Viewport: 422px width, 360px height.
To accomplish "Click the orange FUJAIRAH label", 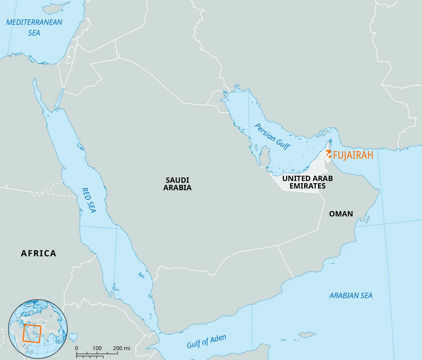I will [353, 155].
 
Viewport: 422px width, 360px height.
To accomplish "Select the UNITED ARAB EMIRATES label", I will [307, 182].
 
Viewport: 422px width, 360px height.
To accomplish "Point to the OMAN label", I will [341, 214].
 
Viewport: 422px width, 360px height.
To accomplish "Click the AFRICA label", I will [38, 253].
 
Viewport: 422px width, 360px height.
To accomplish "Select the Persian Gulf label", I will [272, 137].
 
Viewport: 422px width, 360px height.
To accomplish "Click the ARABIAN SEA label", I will [351, 296].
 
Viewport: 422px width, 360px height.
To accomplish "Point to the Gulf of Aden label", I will [206, 341].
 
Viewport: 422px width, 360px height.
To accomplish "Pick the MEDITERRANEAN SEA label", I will [34, 27].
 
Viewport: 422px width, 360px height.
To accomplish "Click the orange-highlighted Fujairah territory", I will [328, 154].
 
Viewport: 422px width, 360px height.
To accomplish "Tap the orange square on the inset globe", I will [32, 334].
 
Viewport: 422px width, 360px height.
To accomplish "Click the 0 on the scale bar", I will [77, 348].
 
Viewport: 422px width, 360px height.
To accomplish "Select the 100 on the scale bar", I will [97, 348].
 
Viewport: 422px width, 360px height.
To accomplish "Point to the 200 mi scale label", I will [121, 348].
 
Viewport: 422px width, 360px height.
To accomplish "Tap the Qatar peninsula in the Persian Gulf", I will [265, 156].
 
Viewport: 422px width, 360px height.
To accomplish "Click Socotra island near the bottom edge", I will [307, 334].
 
